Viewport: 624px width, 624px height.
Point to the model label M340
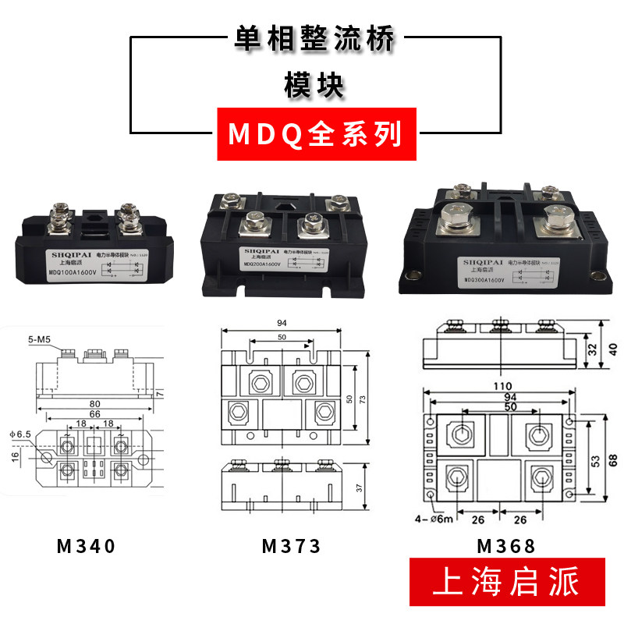pos(87,546)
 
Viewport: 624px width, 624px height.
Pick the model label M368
pos(506,546)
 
